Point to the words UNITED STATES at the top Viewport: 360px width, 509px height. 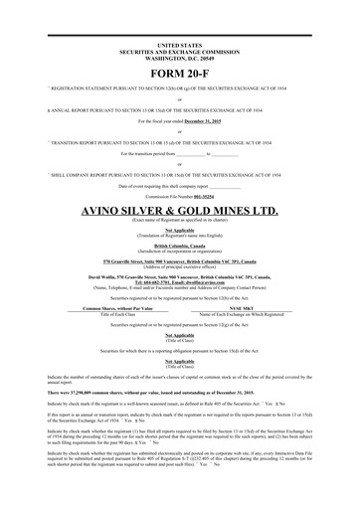[179, 46]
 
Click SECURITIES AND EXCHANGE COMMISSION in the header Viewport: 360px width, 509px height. [179, 52]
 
